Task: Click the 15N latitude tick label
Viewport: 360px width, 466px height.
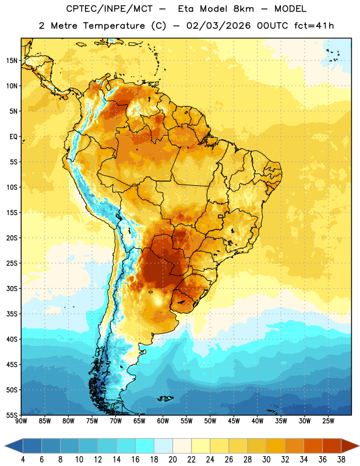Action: (12, 61)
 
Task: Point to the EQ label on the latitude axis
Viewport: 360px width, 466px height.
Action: (13, 137)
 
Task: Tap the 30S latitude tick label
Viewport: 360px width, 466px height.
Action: (12, 288)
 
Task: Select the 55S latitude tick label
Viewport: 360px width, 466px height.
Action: (12, 415)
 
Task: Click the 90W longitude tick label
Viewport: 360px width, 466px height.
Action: (21, 421)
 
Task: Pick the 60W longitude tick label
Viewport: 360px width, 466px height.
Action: (163, 421)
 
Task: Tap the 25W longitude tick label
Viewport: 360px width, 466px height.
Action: (328, 421)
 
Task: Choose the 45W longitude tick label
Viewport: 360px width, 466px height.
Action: (234, 421)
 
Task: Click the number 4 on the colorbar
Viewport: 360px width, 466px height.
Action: (23, 460)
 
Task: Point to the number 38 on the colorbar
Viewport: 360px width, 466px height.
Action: (341, 460)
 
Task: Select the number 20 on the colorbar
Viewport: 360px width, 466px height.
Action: (172, 460)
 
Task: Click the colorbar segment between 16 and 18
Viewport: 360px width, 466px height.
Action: (145, 446)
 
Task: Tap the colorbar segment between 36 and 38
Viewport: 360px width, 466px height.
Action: (332, 446)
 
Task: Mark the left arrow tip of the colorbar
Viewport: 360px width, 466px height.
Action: (5, 446)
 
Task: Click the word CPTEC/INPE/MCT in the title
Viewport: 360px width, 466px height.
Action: (110, 9)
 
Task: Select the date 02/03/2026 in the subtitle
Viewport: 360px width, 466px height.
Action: (218, 26)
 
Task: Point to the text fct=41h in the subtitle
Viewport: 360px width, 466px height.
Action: (314, 26)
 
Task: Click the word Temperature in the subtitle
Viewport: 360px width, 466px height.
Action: (114, 26)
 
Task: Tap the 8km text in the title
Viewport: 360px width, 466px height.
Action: (243, 9)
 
